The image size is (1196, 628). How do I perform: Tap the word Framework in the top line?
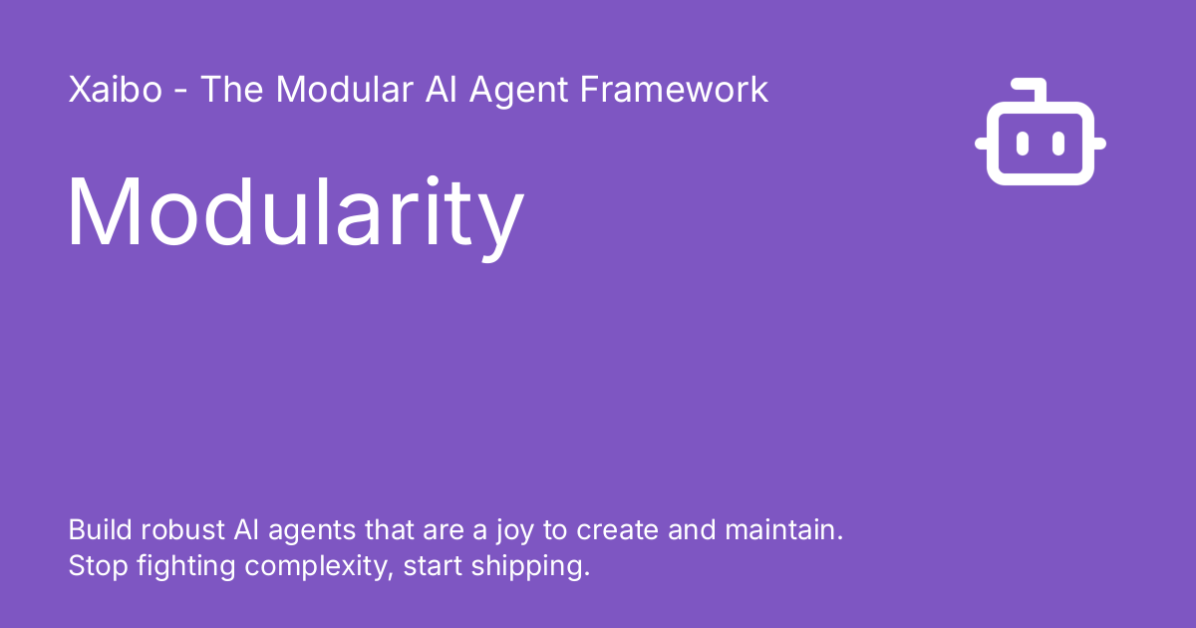[674, 90]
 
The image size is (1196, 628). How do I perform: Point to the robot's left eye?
[1022, 144]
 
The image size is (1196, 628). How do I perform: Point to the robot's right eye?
[1058, 144]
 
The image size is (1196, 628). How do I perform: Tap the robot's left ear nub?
[982, 144]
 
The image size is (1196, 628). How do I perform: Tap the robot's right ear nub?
[1099, 144]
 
